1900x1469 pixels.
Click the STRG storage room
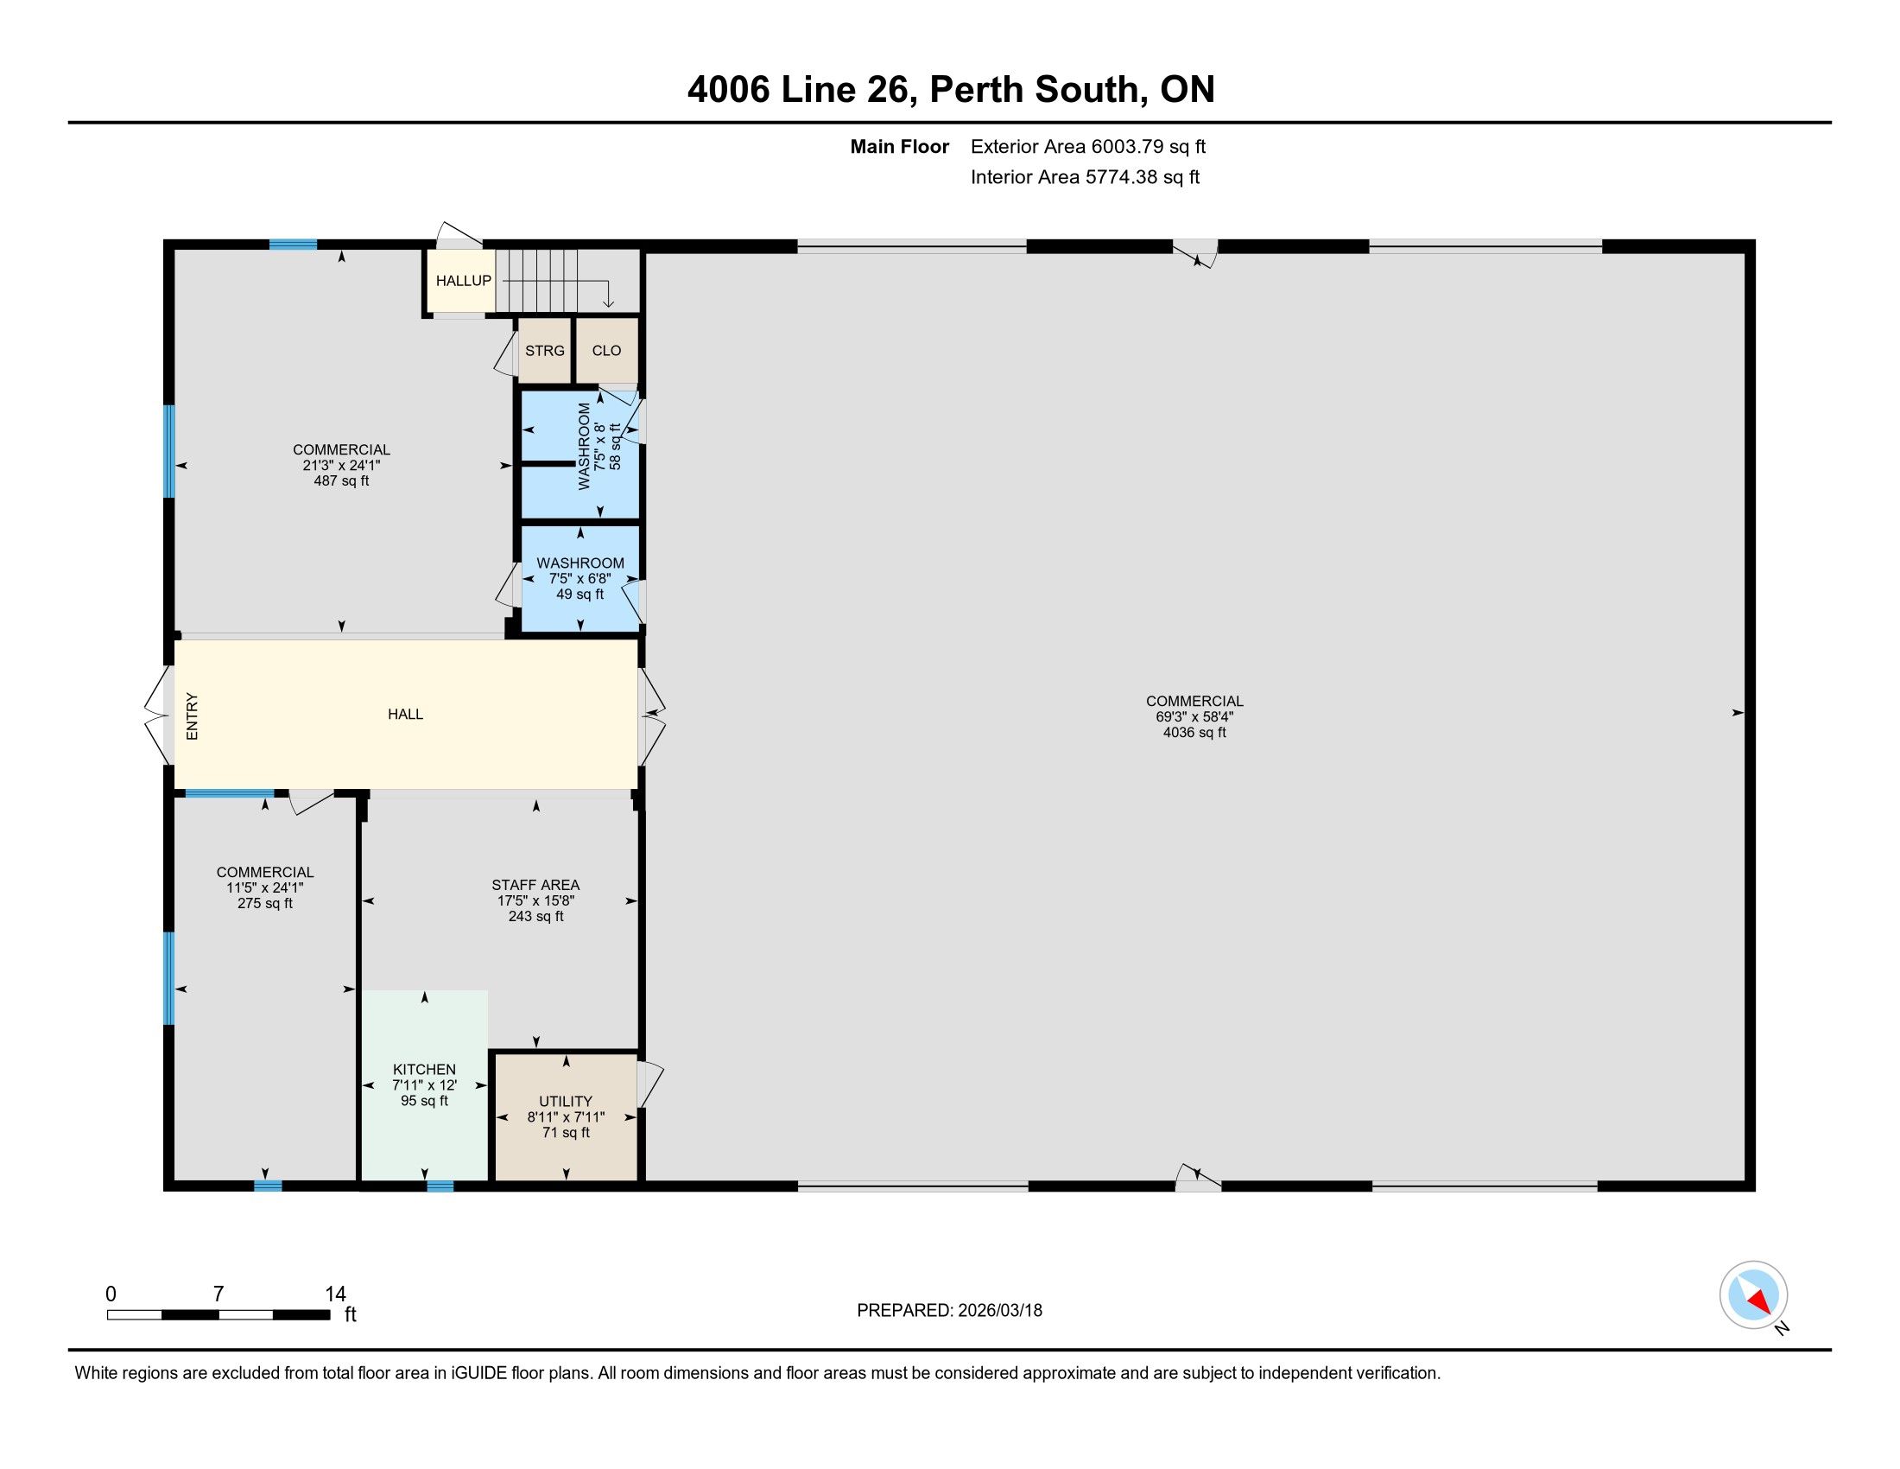tap(545, 350)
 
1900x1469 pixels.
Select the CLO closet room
tap(606, 350)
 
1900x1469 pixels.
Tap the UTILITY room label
tap(566, 1101)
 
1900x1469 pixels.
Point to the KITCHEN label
tap(425, 1070)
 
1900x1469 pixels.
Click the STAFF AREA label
tap(535, 885)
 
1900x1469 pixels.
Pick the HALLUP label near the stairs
tap(464, 280)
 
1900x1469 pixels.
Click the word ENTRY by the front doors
tap(193, 716)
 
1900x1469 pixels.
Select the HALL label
tap(405, 715)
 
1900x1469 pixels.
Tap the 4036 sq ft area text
tap(1194, 733)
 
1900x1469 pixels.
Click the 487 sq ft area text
tap(341, 480)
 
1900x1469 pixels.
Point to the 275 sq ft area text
tap(265, 903)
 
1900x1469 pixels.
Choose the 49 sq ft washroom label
tap(580, 595)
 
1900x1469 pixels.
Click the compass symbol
tap(1754, 1295)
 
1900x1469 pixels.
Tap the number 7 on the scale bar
tap(218, 1294)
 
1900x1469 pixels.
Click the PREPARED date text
tap(949, 1311)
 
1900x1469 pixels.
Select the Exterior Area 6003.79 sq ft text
tap(1088, 146)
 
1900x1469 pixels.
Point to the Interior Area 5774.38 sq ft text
tap(1085, 176)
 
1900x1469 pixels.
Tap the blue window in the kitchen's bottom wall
tap(440, 1186)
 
